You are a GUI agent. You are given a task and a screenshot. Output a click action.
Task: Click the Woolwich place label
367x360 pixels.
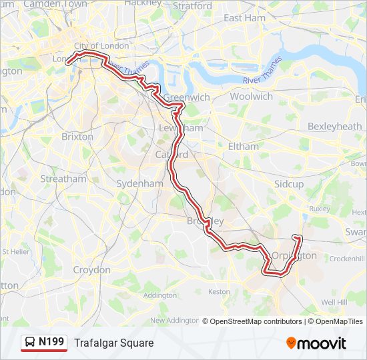click(251, 97)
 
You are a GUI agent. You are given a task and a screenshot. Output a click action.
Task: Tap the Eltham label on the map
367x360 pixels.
click(242, 146)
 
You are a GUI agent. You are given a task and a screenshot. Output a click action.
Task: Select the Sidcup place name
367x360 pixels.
click(288, 183)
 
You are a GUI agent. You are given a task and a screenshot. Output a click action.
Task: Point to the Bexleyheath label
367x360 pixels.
click(334, 126)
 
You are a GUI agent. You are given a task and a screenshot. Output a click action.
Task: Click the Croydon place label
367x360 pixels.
click(91, 270)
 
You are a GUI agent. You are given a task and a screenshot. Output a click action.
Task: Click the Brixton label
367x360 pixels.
click(77, 136)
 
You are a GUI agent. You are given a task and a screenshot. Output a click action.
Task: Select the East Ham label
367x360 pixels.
click(244, 18)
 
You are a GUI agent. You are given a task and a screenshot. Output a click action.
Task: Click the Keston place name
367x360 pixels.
click(219, 291)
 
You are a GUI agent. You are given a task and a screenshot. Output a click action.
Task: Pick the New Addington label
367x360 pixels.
click(175, 321)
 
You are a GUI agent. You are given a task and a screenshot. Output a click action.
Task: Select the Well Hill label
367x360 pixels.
click(334, 302)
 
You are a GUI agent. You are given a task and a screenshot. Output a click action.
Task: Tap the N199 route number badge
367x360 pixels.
click(51, 343)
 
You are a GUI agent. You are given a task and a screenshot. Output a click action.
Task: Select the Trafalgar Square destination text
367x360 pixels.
click(113, 343)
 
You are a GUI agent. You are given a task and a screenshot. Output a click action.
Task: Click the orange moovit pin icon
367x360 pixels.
click(291, 343)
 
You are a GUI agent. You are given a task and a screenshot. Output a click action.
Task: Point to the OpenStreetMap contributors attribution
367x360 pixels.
click(256, 321)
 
